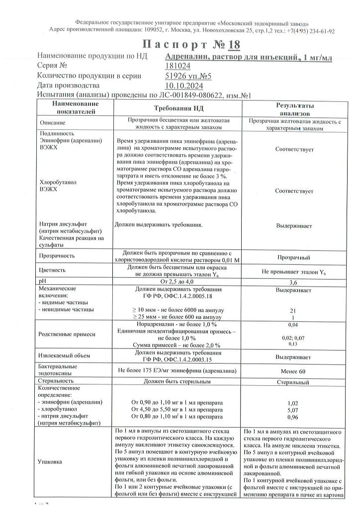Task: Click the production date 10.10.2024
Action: pos(182,85)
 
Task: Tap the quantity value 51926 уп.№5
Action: pos(188,76)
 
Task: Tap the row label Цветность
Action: pos(52,271)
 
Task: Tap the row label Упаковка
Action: pos(50,462)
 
